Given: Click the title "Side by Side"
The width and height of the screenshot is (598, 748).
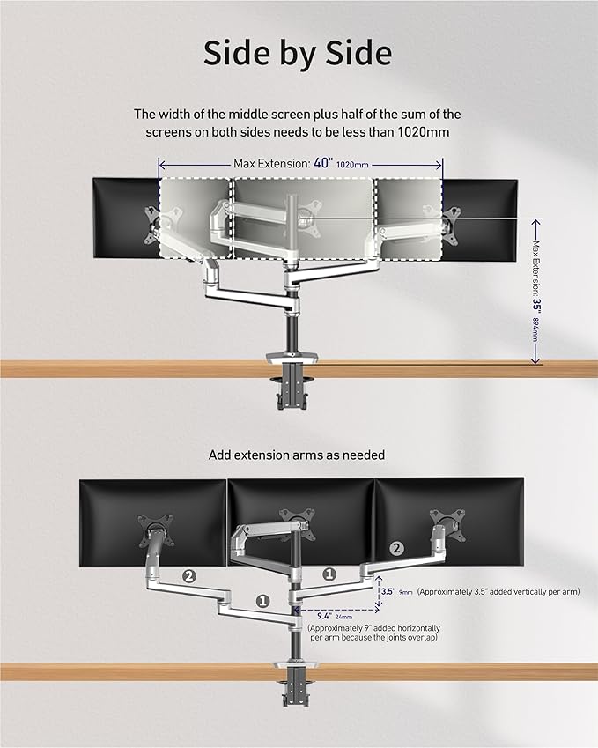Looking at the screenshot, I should tap(298, 54).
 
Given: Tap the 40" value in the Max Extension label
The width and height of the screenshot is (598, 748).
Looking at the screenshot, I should tap(323, 163).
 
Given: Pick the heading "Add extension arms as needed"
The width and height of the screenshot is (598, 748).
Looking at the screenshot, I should tap(297, 455).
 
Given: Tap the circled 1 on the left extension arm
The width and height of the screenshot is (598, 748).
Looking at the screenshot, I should tap(262, 600).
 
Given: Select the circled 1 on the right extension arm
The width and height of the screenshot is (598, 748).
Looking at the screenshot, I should tap(329, 573).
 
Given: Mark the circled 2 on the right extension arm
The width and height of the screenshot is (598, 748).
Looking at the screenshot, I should tap(396, 548).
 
